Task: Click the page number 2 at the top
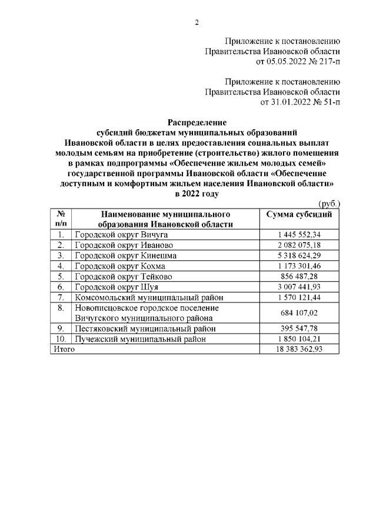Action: (197, 23)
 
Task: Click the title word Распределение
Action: (197, 123)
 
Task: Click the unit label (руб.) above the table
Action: (329, 203)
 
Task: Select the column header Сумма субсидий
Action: (300, 214)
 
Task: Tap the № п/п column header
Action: (61, 219)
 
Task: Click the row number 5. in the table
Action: (61, 277)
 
